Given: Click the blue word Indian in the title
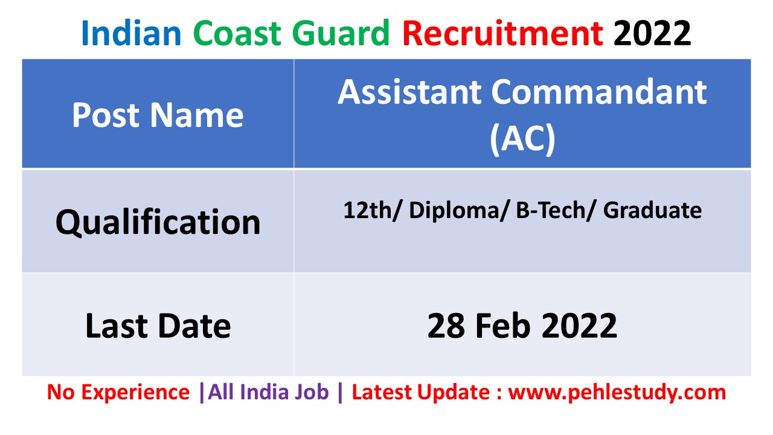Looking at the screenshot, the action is (131, 33).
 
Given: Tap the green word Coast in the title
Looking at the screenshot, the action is (237, 33).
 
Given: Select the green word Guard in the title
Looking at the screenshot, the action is (341, 33).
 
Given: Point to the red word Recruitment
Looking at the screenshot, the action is (503, 33).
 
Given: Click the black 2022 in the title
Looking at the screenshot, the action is (652, 33).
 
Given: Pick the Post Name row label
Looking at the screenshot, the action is (158, 115).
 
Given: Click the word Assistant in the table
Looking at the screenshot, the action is (409, 92).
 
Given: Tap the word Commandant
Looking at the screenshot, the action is (599, 92).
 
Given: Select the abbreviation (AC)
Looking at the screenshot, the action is (522, 138).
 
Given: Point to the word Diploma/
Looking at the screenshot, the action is (459, 211).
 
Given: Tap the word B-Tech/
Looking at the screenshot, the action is (556, 210).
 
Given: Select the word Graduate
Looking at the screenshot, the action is (653, 210).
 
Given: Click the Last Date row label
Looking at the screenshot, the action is (158, 326).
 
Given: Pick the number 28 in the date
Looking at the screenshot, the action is (446, 326).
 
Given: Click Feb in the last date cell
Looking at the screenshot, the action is (503, 326).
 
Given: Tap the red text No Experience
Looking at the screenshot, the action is (118, 393).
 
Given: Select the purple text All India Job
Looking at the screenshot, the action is (269, 392).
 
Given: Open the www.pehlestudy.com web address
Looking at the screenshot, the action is (617, 393).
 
